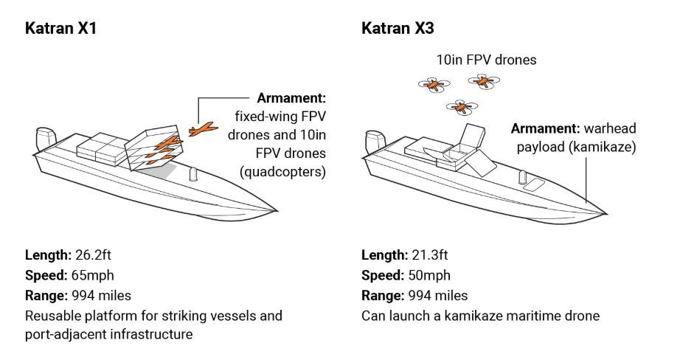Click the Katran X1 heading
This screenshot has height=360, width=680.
[61, 29]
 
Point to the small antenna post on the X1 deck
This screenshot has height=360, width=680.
[194, 174]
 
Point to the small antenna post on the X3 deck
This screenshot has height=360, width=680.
[522, 177]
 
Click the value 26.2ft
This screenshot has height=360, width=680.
[93, 255]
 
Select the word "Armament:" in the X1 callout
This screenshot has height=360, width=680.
[291, 98]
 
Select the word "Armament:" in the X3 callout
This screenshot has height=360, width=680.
[544, 128]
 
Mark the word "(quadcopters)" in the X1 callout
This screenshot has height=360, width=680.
[282, 172]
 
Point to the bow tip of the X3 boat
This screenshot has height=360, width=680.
[607, 213]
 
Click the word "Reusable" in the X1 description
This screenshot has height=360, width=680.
[51, 316]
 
